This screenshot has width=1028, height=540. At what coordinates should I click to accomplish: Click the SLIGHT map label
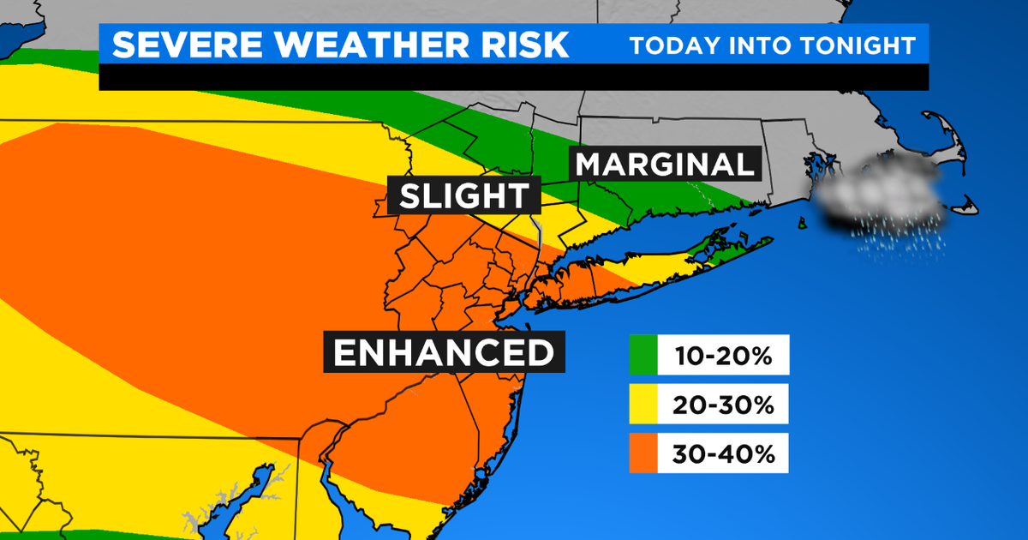[x=464, y=196]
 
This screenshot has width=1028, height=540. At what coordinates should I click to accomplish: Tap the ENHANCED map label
[x=443, y=352]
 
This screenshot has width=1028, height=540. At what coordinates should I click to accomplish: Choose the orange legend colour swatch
[x=642, y=455]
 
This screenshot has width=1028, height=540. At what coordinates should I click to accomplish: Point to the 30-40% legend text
[x=722, y=455]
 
